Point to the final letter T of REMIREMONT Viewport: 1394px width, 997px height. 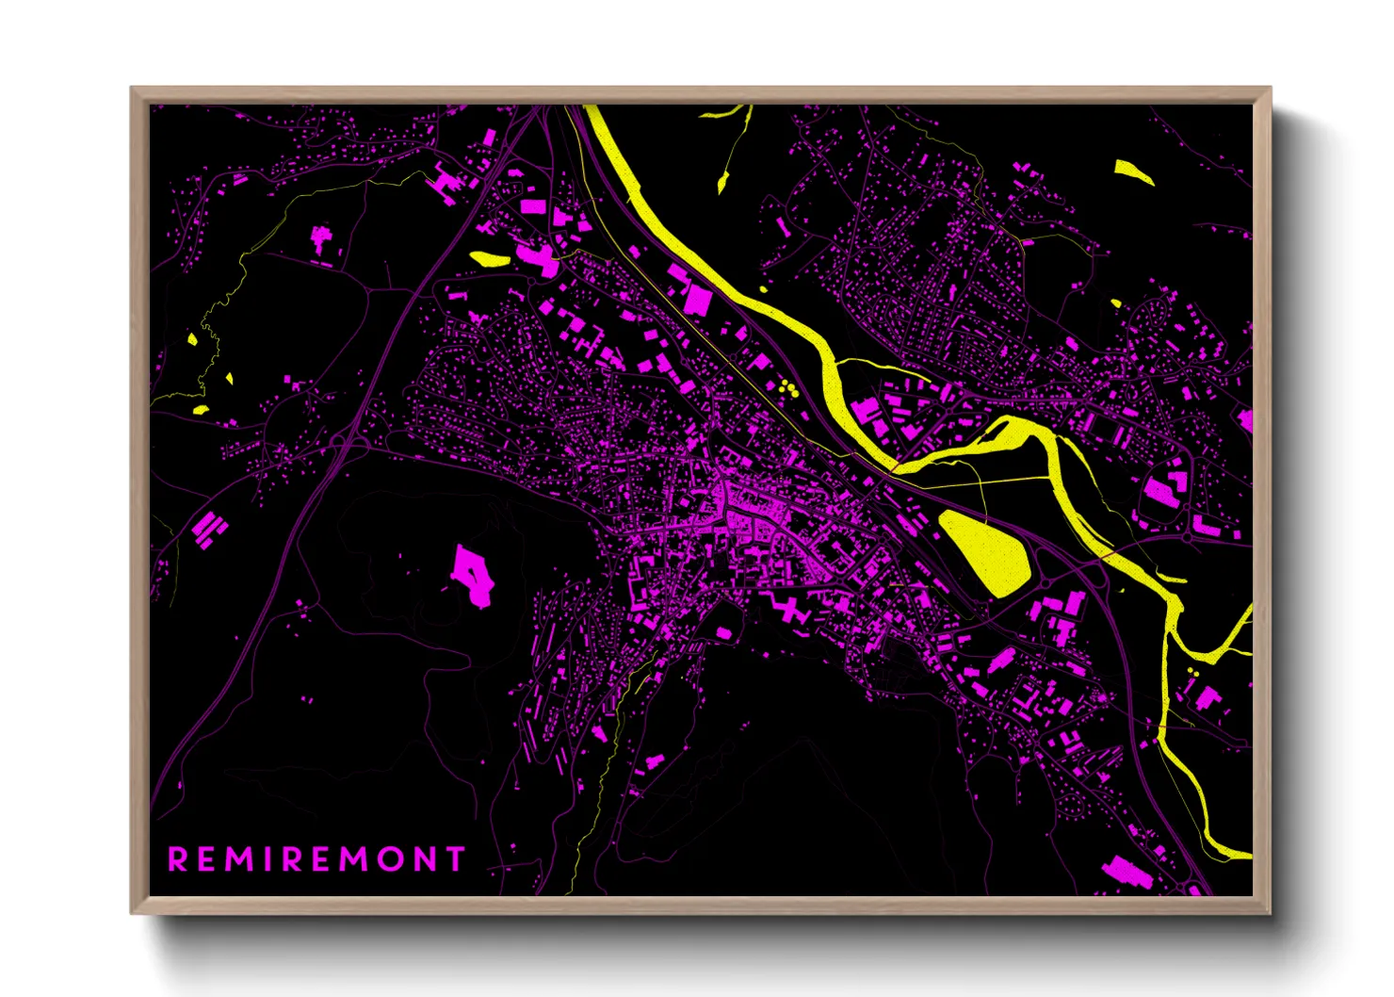(456, 859)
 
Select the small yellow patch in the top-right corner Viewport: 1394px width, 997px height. (1133, 172)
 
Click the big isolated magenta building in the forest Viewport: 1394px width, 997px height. (473, 575)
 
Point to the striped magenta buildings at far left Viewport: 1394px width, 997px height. (208, 528)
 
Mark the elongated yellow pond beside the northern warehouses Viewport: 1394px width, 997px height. (489, 257)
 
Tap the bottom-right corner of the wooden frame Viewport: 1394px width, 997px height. (1269, 911)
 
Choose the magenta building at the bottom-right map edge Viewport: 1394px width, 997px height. (1127, 872)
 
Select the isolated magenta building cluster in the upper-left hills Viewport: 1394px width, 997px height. (321, 237)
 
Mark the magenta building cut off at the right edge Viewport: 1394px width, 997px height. (1245, 420)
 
